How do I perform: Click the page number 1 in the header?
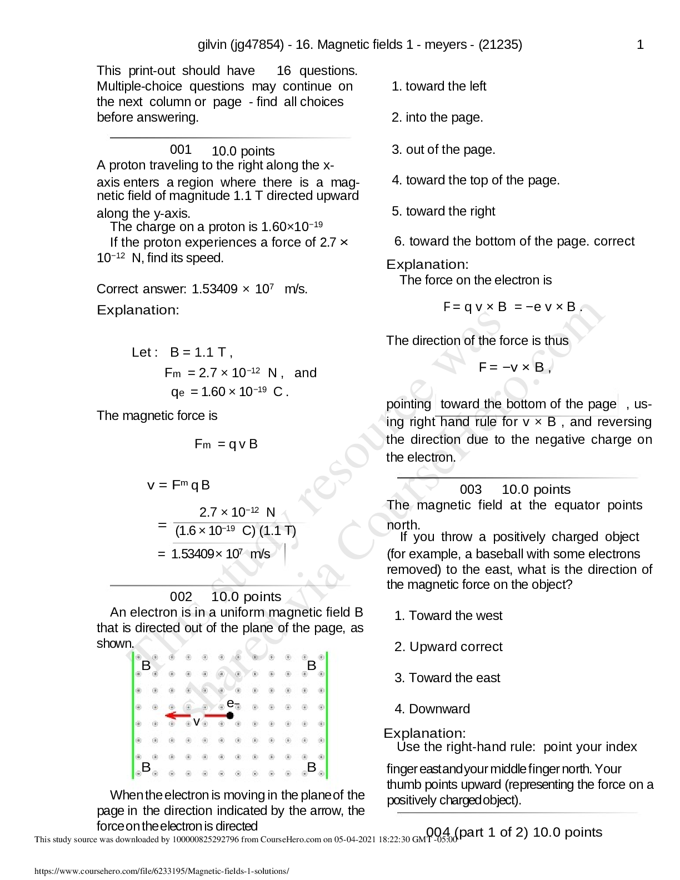click(x=640, y=45)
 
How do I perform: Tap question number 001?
click(x=181, y=149)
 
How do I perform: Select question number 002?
click(x=181, y=597)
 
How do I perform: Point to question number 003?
click(x=471, y=489)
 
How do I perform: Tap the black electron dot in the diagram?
click(x=230, y=716)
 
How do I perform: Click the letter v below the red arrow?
click(x=196, y=722)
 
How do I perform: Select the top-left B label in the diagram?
click(x=146, y=666)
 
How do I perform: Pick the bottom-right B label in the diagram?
click(x=312, y=767)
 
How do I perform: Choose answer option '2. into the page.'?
click(x=437, y=118)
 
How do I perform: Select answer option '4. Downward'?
click(x=432, y=709)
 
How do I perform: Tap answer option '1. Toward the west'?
click(x=448, y=616)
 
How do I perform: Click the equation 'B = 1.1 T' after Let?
click(x=199, y=352)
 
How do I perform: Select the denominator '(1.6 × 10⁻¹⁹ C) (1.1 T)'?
click(x=236, y=531)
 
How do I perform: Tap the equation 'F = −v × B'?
click(x=514, y=367)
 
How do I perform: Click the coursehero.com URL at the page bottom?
click(x=162, y=871)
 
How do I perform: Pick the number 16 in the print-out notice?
click(x=283, y=71)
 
